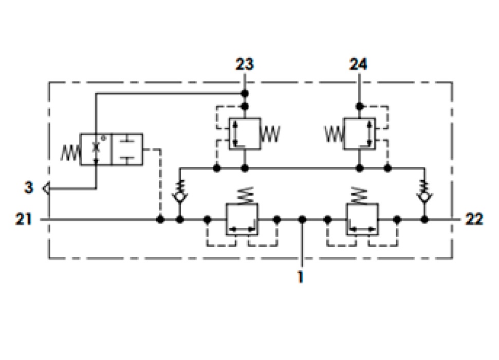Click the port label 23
coord(245,64)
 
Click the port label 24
coord(359,64)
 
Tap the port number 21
coord(24,219)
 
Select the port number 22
coord(474,219)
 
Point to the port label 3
coord(29,187)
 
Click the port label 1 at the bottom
coord(301,277)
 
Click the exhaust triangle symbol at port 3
coord(46,189)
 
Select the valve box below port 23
coord(245,134)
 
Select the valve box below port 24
coord(359,134)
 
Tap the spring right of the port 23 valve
coord(270,134)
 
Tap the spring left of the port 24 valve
coord(334,134)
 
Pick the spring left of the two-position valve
coord(70,153)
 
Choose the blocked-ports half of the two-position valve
coord(127,149)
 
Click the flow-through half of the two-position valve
coord(96,149)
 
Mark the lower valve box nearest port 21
coord(242,219)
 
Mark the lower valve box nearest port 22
coord(362,219)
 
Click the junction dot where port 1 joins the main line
coord(302,219)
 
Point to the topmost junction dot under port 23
coord(245,93)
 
